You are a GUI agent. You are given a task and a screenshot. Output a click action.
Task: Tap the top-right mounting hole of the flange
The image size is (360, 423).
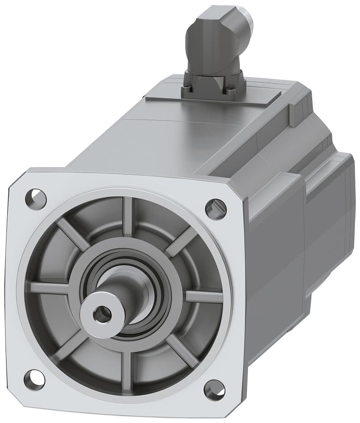click(x=216, y=208)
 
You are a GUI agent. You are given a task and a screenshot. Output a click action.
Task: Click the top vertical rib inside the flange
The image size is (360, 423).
click(x=127, y=216)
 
